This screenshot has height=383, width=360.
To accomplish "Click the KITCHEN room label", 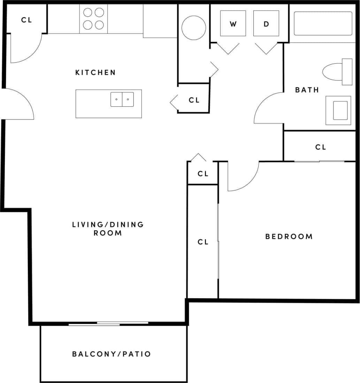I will [x=95, y=72].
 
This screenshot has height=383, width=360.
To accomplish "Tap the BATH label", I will [x=307, y=90].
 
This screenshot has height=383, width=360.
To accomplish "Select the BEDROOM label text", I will [x=289, y=237].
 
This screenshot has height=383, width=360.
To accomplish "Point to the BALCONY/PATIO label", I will [x=112, y=354].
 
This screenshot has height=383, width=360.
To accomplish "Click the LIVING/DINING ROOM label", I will [x=108, y=229].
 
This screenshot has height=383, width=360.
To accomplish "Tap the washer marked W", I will [x=233, y=24].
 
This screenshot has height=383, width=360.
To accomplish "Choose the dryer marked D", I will [x=266, y=24].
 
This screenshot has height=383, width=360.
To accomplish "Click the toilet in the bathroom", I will [x=336, y=72].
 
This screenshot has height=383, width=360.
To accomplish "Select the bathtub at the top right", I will [x=323, y=23].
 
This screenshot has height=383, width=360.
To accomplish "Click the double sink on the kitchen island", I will [x=122, y=99].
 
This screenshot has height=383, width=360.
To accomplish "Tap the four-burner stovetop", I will [x=94, y=19].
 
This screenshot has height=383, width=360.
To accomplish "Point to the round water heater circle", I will [x=194, y=28].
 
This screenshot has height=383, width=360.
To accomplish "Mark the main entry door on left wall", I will [x=19, y=104].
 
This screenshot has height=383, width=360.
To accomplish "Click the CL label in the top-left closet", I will [x=26, y=20].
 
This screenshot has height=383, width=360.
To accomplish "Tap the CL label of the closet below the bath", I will [x=321, y=147].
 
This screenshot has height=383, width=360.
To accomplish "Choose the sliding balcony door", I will [x=108, y=324].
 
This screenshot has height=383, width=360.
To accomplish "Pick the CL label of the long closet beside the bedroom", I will [x=203, y=242].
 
